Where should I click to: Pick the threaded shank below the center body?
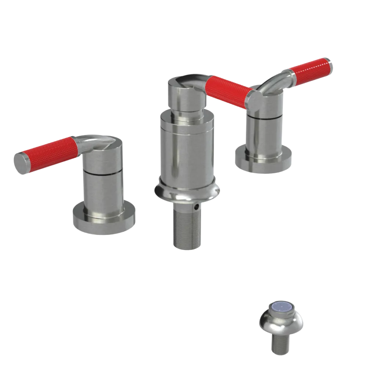coord(187,228)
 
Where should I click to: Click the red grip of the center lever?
coord(228,92)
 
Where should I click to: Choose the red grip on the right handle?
coord(310,72)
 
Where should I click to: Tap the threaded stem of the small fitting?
coord(281,345)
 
